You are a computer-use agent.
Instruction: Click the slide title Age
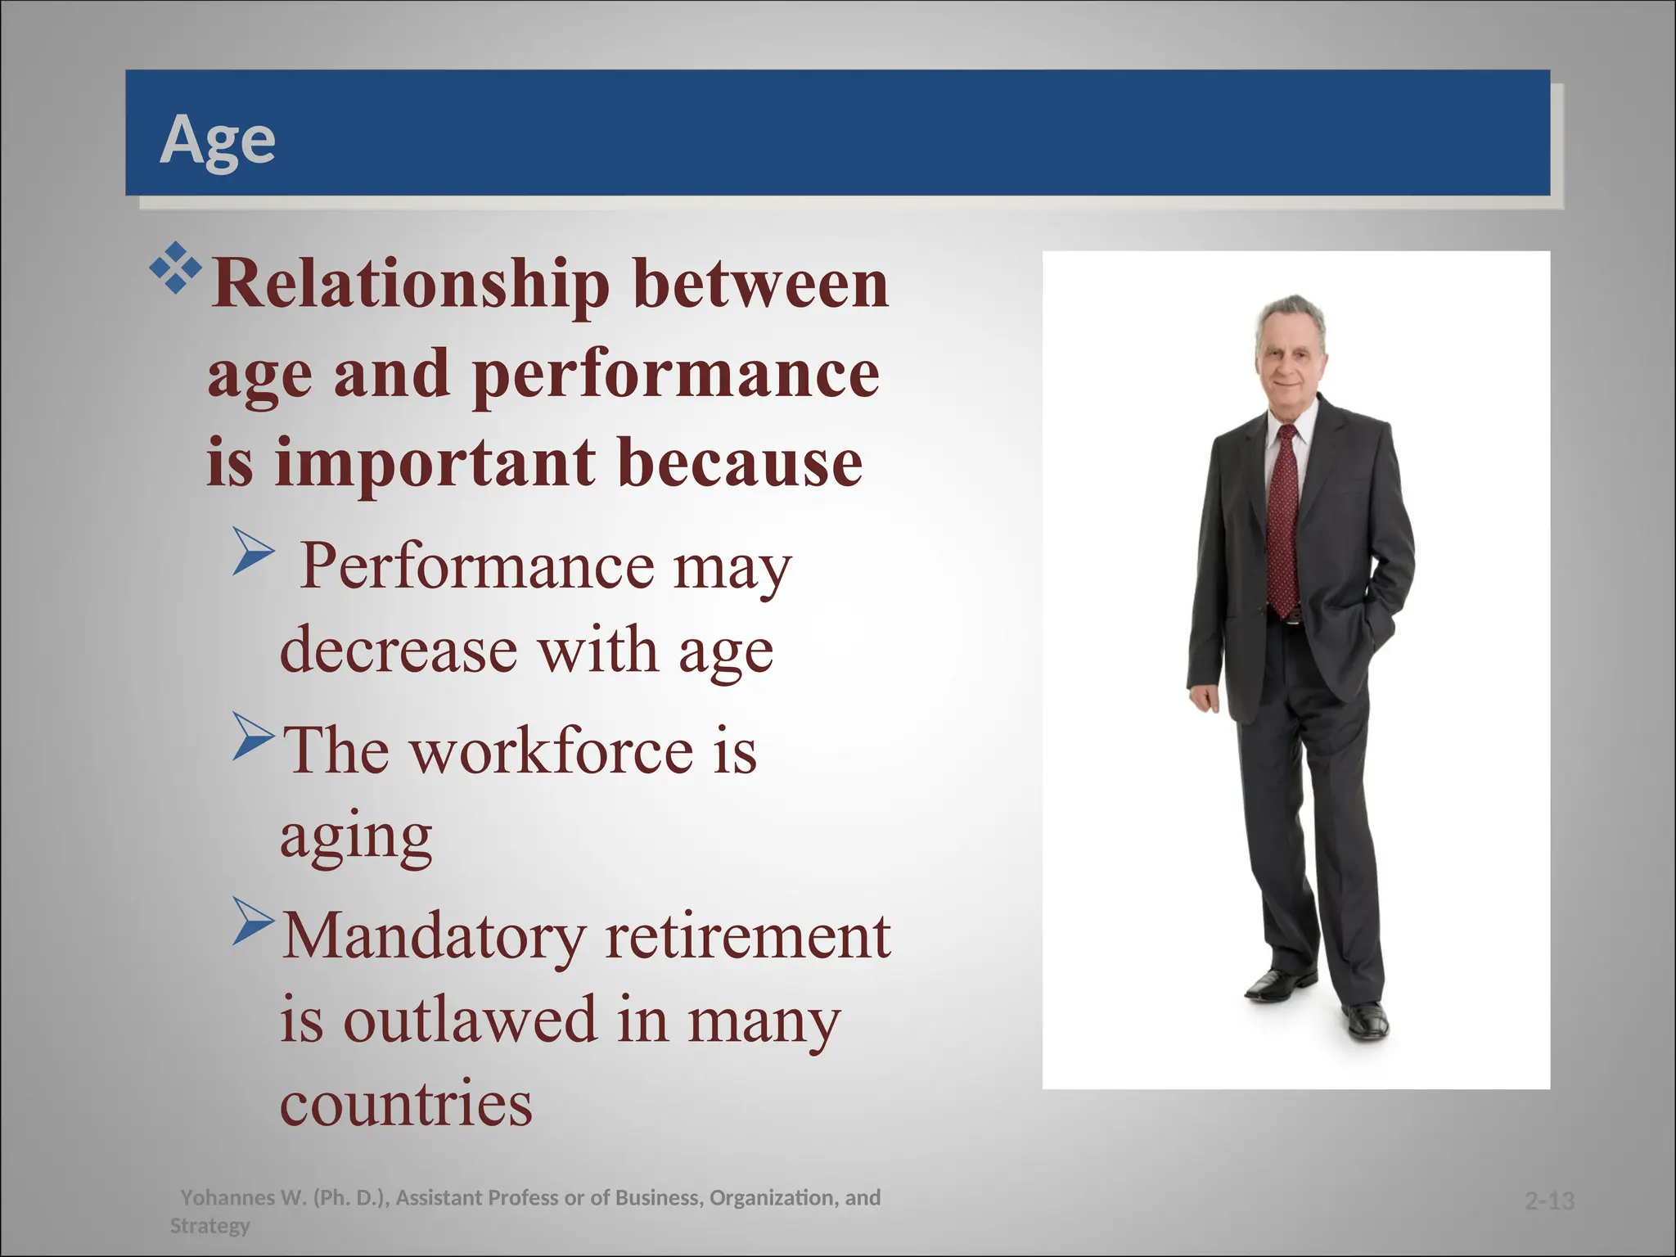point(218,140)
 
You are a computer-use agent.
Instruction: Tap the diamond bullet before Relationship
point(175,268)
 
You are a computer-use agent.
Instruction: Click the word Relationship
point(410,284)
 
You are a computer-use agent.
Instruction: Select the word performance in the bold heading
point(676,374)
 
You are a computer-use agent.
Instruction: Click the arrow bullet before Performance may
point(253,551)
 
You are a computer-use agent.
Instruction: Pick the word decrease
point(399,651)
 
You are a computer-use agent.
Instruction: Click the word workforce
point(552,751)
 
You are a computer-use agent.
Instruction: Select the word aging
point(356,836)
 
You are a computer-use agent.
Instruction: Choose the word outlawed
point(470,1020)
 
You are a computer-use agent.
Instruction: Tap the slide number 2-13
point(1549,1201)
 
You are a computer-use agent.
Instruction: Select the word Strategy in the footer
point(209,1225)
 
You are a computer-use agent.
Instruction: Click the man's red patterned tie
point(1284,524)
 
